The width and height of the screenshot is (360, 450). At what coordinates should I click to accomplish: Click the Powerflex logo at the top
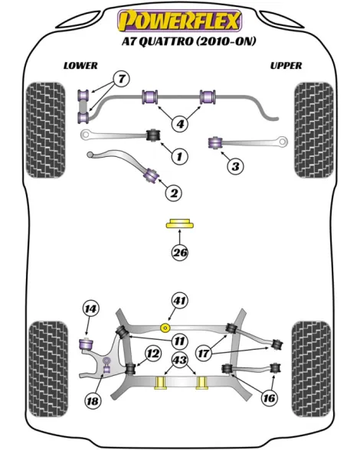(179, 20)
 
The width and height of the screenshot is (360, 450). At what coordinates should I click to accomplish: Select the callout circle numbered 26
(180, 253)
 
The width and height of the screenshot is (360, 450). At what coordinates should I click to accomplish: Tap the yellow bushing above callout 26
(180, 223)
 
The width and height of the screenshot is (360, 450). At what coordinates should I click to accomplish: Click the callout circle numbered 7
(122, 78)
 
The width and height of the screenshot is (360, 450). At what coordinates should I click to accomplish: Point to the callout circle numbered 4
(180, 124)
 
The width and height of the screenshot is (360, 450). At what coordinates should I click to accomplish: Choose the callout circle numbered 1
(179, 156)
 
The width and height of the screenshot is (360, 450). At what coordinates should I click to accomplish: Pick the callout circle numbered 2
(174, 193)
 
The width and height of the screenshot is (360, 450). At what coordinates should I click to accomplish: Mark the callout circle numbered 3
(235, 166)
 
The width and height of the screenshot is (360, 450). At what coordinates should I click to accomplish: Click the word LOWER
(80, 66)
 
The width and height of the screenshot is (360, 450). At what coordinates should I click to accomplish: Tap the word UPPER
(286, 66)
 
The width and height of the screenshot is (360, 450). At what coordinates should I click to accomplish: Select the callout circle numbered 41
(180, 301)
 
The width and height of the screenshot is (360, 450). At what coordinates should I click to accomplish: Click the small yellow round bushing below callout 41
(165, 328)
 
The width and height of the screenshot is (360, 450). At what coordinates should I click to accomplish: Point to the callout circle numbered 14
(90, 309)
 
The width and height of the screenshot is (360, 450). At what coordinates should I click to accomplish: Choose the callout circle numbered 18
(93, 401)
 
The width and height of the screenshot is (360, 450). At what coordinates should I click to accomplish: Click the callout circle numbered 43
(180, 360)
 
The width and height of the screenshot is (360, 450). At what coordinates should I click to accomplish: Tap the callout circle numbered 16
(269, 398)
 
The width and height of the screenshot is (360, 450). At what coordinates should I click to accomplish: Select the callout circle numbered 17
(204, 353)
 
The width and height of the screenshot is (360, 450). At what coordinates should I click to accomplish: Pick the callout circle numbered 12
(153, 354)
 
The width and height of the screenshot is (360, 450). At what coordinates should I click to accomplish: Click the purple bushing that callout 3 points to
(215, 142)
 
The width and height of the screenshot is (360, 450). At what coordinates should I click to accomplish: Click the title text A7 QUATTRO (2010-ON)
(188, 41)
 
